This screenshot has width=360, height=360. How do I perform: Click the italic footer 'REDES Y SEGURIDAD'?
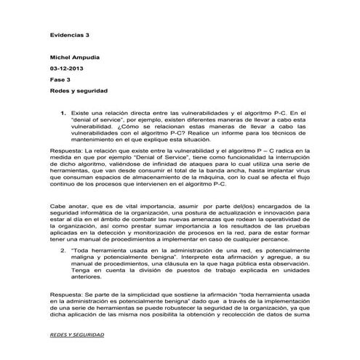pyautogui.click(x=77, y=335)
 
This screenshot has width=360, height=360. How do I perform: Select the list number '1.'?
pyautogui.click(x=64, y=113)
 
